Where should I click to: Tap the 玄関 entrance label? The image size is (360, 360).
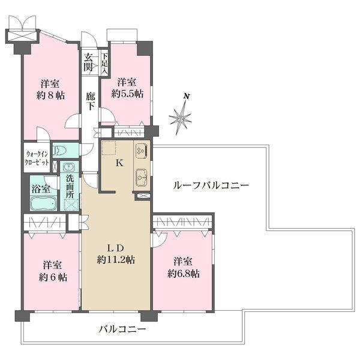(x=89, y=62)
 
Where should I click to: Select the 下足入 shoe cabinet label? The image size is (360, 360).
(x=104, y=62)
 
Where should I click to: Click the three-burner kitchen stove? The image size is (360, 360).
(x=142, y=150)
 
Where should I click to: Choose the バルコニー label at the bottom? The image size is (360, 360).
(x=122, y=329)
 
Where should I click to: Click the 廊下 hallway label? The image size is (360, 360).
(x=90, y=101)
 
